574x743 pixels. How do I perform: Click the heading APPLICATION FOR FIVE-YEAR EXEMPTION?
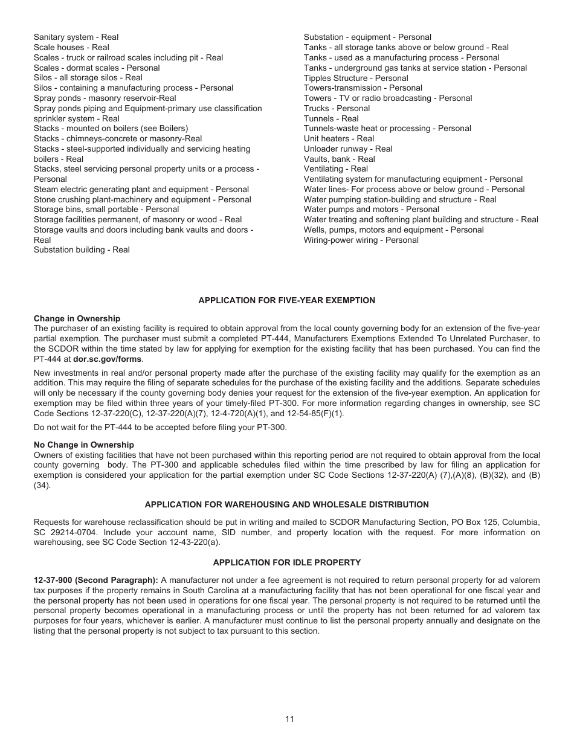pyautogui.click(x=286, y=300)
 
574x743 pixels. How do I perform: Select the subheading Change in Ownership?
pyautogui.click(x=77, y=318)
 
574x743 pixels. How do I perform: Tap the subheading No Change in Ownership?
pyautogui.click(x=84, y=445)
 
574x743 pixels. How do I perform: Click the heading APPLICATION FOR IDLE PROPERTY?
pyautogui.click(x=286, y=562)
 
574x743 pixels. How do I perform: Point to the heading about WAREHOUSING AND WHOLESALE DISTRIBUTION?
pyautogui.click(x=286, y=504)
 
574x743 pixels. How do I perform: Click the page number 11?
pyautogui.click(x=289, y=719)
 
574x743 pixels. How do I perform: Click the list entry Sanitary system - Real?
pyautogui.click(x=76, y=37)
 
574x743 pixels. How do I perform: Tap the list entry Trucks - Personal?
pyautogui.click(x=337, y=109)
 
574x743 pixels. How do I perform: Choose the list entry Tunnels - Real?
pyautogui.click(x=331, y=118)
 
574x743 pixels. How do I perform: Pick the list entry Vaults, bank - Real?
pyautogui.click(x=339, y=159)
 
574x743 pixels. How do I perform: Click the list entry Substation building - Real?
pyautogui.click(x=82, y=249)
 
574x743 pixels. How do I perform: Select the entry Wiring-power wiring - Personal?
pyautogui.click(x=361, y=240)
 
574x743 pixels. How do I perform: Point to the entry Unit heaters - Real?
pyautogui.click(x=339, y=139)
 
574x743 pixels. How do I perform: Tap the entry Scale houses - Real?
pyautogui.click(x=71, y=48)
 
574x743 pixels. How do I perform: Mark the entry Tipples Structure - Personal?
pyautogui.click(x=356, y=78)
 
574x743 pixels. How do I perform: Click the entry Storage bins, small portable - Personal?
pyautogui.click(x=106, y=210)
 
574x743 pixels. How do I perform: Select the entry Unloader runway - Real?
pyautogui.click(x=348, y=149)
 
